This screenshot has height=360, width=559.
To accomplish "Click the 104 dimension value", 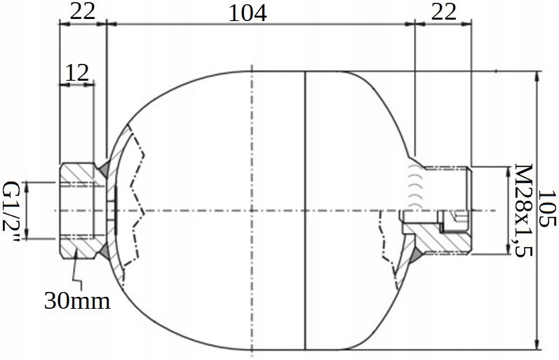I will click(247, 13).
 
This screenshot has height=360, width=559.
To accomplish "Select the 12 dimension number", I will click(77, 72).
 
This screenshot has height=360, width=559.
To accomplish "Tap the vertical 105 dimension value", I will click(548, 208).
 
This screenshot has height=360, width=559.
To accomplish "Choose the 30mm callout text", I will click(78, 301).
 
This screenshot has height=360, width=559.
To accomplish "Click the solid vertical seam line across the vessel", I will click(307, 211).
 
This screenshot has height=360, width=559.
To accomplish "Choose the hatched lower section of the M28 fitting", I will click(442, 242).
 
